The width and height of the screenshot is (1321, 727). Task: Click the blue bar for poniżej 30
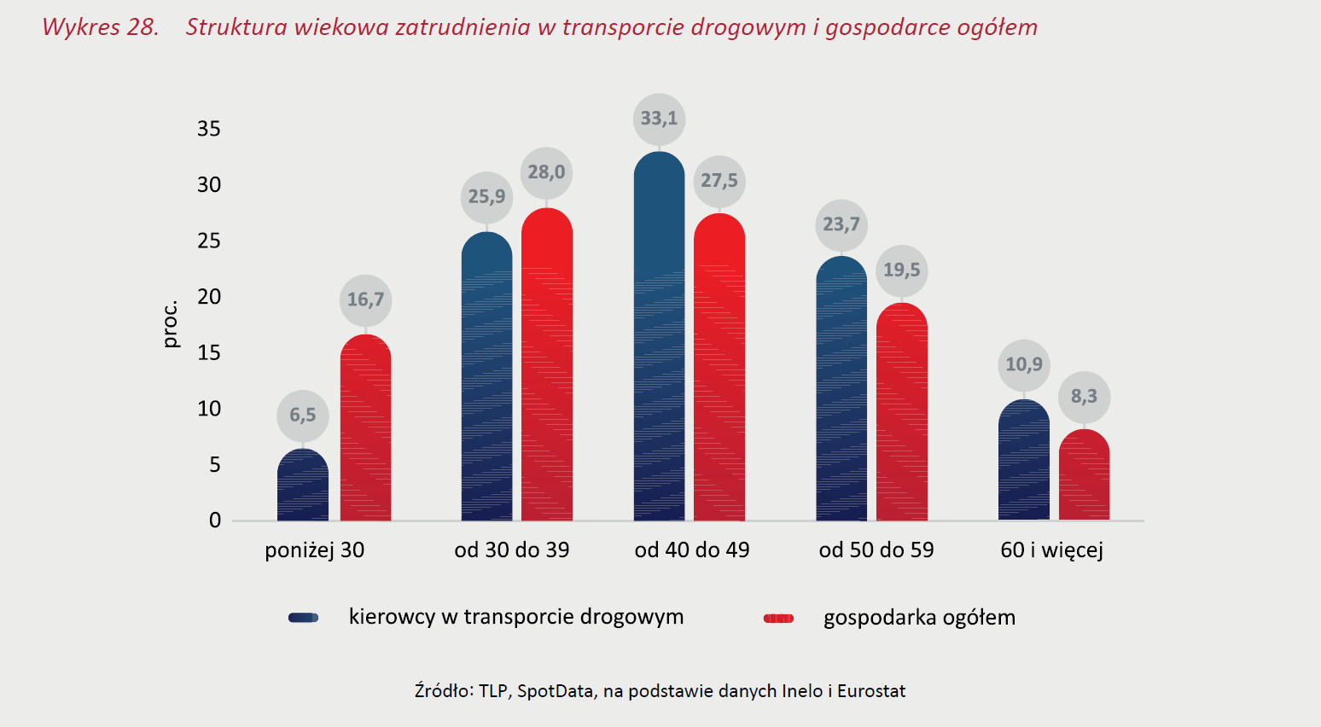coord(303,486)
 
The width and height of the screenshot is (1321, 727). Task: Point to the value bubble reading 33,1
coord(659,119)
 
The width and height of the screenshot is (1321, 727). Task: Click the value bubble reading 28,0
coord(546,172)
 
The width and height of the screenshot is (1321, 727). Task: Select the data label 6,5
coord(302,416)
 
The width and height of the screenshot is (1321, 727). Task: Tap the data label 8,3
coord(1084,397)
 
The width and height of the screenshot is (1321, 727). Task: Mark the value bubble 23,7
coord(841,224)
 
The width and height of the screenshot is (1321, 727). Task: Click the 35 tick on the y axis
coord(209,129)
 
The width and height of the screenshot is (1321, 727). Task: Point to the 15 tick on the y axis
coord(209,352)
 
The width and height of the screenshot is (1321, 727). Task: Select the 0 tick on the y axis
coord(215,521)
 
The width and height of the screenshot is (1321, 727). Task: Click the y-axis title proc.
coord(171,324)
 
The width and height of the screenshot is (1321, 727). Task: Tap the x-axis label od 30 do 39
coord(511,550)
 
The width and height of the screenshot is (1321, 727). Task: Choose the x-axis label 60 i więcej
coord(1051,550)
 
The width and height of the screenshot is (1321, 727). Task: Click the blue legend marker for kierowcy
coord(303,618)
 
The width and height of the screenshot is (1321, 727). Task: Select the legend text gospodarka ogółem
coord(919,618)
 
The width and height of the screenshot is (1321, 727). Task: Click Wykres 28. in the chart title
coord(101,27)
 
